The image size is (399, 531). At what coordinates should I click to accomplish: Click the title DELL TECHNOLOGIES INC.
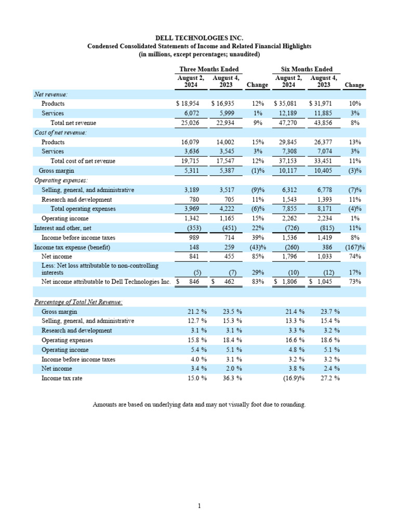[x=199, y=38]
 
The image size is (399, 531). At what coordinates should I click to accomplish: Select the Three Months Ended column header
[x=209, y=69]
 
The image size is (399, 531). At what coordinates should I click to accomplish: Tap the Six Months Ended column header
[x=307, y=69]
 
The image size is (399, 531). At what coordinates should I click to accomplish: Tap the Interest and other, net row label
[x=62, y=228]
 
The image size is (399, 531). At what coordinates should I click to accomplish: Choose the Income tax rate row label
[x=62, y=379]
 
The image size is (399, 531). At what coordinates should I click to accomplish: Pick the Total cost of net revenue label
[x=83, y=161]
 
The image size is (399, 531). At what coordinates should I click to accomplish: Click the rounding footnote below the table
[x=199, y=404]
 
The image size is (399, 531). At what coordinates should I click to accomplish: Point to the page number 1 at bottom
[x=199, y=506]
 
